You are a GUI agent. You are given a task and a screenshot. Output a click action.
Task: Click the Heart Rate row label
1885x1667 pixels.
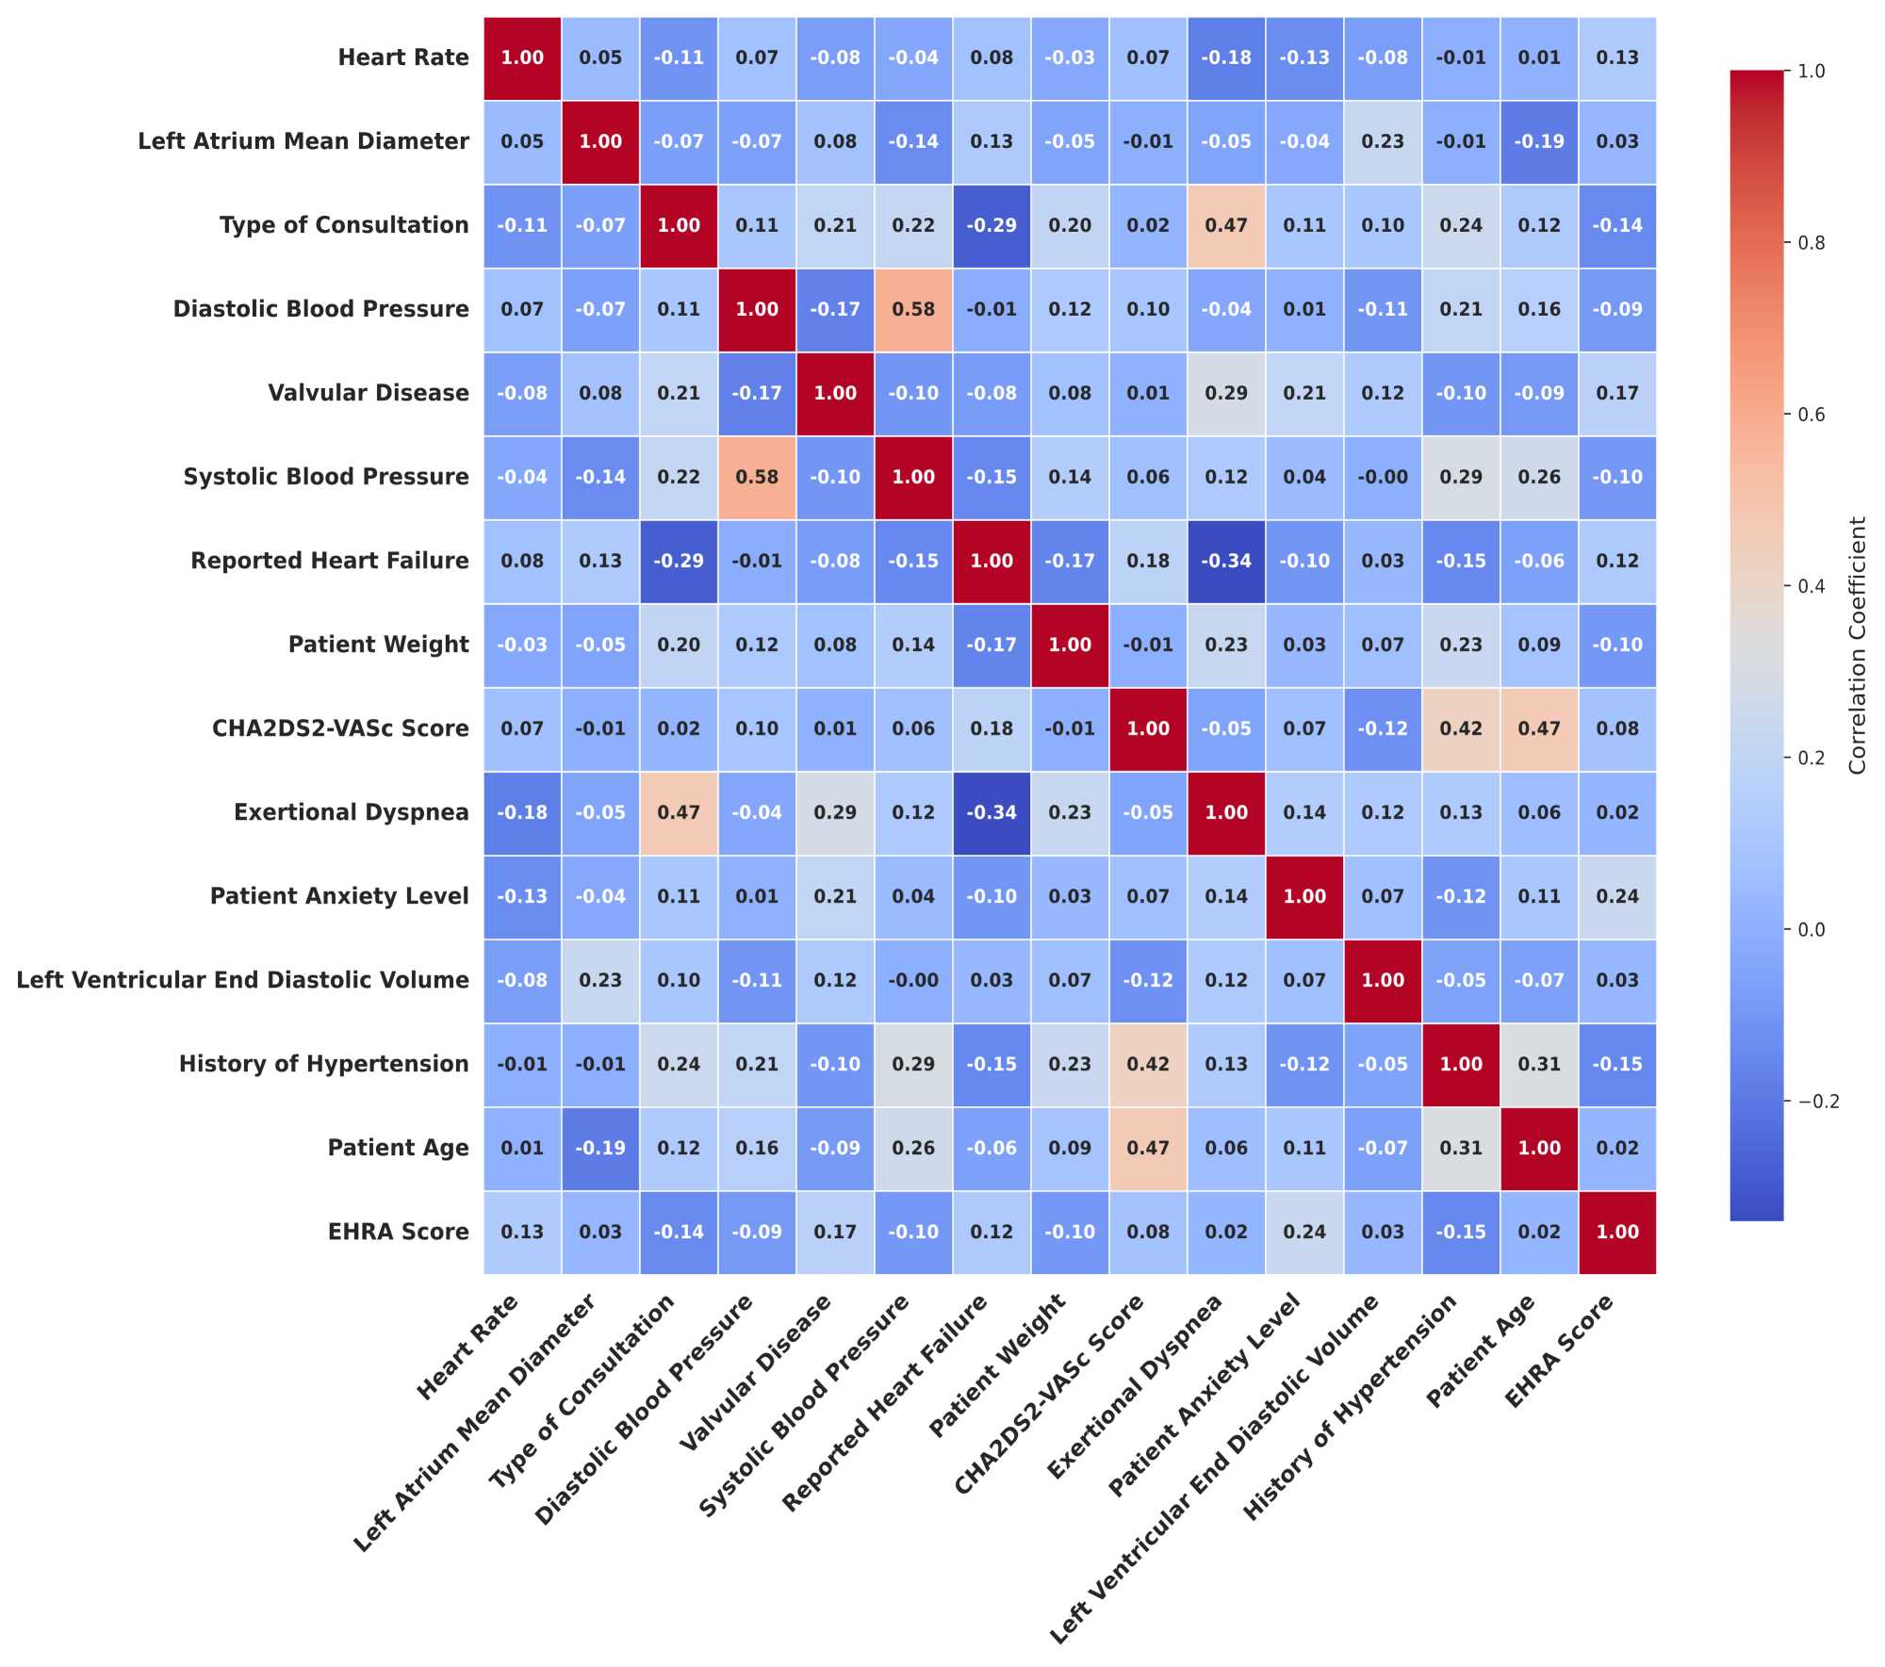pos(402,57)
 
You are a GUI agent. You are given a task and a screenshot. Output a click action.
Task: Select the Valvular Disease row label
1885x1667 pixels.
pos(368,393)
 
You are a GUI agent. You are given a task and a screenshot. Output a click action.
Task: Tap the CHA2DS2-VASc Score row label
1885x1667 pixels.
pos(340,728)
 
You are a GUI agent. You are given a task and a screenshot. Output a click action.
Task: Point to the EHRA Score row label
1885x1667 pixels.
pos(398,1232)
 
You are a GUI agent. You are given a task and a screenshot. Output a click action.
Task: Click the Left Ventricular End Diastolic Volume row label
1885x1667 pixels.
pos(242,980)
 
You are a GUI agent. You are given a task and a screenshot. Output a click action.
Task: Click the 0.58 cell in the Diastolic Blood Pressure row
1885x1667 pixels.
pos(912,309)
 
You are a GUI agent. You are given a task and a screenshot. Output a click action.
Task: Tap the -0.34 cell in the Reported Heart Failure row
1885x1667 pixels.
pos(1226,561)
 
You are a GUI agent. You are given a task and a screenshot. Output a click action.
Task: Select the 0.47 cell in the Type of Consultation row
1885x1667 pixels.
pos(1226,225)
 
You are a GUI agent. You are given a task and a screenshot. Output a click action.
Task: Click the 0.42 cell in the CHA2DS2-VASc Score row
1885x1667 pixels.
pos(1461,728)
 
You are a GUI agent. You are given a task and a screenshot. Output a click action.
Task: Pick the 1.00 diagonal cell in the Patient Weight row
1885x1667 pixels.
pos(1070,645)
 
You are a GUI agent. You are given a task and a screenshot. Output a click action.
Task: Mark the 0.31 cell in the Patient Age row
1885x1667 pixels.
pos(1461,1148)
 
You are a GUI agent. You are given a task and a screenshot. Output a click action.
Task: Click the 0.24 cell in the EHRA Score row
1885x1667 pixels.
pos(1304,1232)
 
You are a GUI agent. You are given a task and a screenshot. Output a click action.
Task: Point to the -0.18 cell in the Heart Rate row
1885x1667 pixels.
pos(1226,57)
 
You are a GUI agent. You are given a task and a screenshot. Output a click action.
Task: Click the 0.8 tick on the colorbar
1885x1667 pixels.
pos(1811,242)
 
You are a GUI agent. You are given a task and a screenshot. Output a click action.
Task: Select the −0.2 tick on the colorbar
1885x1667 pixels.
pos(1814,1102)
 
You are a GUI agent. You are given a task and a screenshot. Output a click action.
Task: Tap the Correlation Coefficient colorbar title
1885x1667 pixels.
pos(1857,645)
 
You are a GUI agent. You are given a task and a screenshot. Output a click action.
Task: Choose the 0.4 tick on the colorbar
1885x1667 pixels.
pos(1811,586)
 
